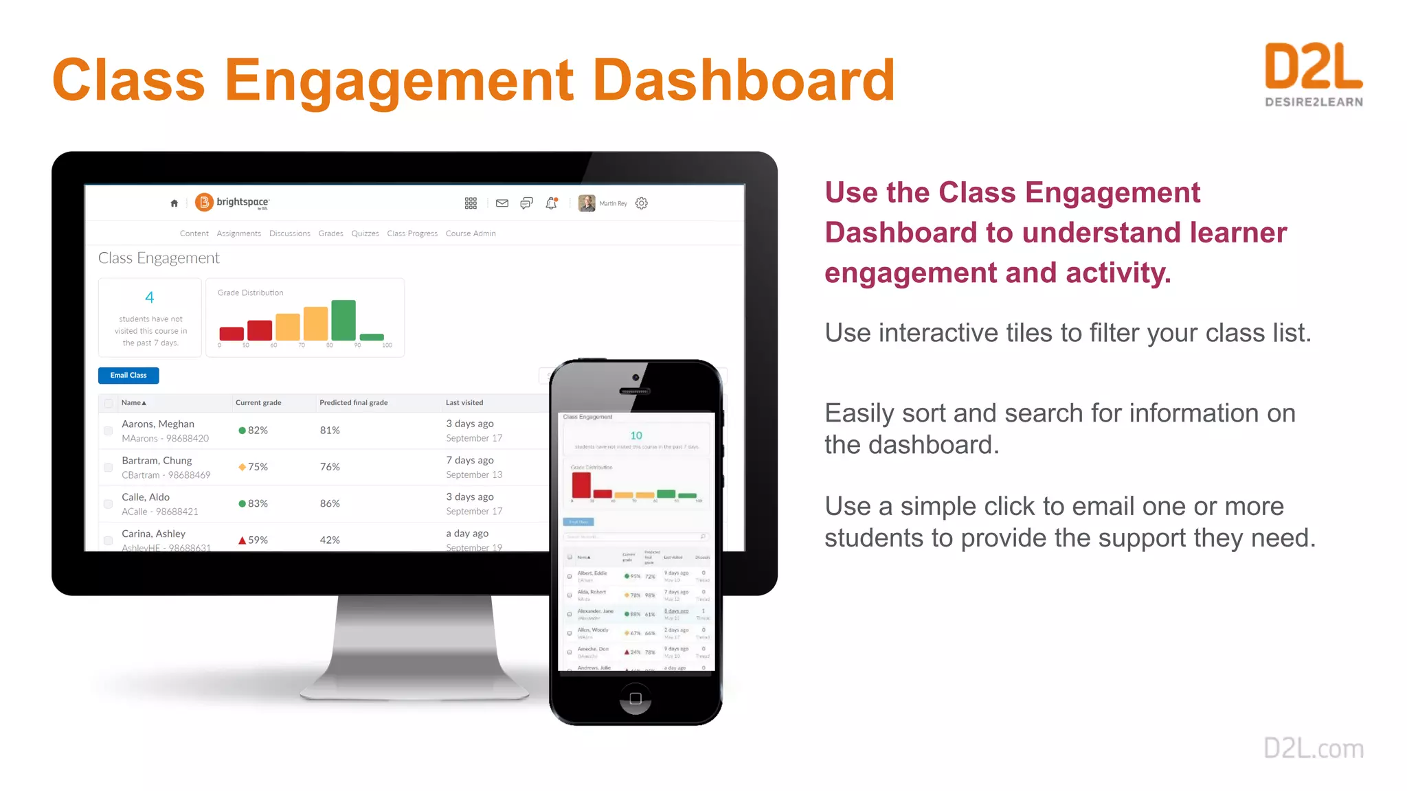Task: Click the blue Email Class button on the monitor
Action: [x=128, y=376]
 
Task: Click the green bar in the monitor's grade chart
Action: [x=344, y=320]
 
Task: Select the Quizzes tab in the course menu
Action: [x=365, y=233]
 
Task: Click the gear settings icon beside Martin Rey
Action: [x=642, y=203]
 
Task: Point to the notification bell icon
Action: [x=551, y=203]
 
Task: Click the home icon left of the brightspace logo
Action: [x=175, y=203]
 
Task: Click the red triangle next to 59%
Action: [x=242, y=540]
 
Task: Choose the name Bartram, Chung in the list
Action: [x=157, y=461]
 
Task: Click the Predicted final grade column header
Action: [x=353, y=403]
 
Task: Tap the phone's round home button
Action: [x=635, y=698]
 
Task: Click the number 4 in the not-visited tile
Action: [x=150, y=297]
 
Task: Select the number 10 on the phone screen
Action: [x=636, y=435]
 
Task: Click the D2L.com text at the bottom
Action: [x=1314, y=748]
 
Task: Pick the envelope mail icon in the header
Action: [x=502, y=203]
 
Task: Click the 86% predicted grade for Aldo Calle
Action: [x=330, y=504]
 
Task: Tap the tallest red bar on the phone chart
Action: [x=581, y=485]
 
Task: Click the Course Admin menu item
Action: [x=471, y=233]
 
